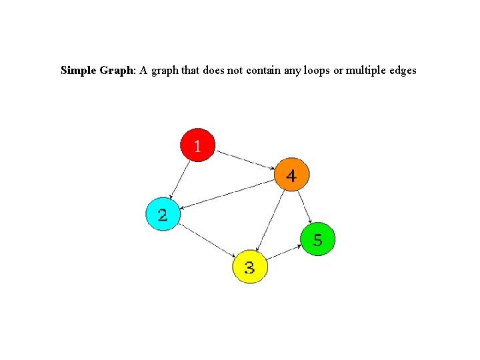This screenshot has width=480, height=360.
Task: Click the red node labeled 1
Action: click(x=198, y=145)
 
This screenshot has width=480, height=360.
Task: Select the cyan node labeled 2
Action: click(x=163, y=215)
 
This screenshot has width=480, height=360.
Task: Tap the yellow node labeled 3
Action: click(x=249, y=267)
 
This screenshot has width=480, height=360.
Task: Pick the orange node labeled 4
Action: click(x=291, y=175)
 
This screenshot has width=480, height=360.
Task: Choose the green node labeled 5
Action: click(x=318, y=239)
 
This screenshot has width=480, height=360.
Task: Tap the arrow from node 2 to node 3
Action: click(x=207, y=241)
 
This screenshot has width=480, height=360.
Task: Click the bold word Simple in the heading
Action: click(x=78, y=70)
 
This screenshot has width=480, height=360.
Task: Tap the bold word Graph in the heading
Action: click(x=117, y=70)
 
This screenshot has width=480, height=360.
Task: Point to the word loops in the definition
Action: click(x=317, y=70)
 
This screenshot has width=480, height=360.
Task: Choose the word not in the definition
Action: click(x=235, y=70)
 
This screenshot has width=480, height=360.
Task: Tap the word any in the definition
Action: click(x=292, y=70)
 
